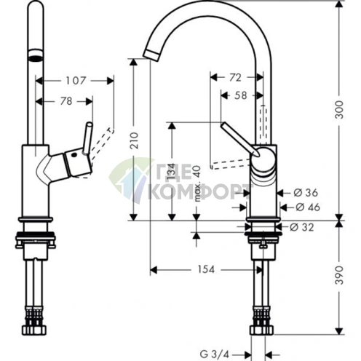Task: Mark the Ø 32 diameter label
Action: [303, 227]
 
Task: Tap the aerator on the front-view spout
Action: [32, 55]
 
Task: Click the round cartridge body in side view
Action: [264, 159]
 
